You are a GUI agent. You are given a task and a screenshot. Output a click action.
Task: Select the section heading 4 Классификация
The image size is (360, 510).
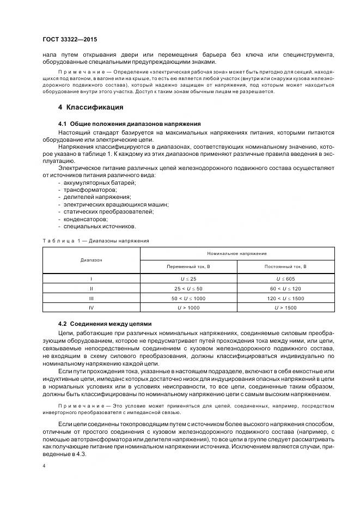[91, 107]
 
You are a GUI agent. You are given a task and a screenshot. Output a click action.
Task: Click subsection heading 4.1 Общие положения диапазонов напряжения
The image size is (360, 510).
[129, 124]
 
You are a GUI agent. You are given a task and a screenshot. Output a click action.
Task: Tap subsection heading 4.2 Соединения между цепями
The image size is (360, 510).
[105, 324]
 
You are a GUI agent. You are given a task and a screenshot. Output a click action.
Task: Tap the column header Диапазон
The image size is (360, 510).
[91, 260]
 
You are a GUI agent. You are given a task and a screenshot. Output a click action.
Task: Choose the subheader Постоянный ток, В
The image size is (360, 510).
[285, 267]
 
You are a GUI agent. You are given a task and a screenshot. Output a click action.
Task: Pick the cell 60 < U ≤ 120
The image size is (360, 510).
[285, 289]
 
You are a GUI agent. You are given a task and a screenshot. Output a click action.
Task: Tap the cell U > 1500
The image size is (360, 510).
[285, 308]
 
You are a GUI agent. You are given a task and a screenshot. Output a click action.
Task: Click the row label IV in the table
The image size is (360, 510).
[91, 308]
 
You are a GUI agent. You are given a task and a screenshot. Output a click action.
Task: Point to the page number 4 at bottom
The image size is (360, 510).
[44, 466]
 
